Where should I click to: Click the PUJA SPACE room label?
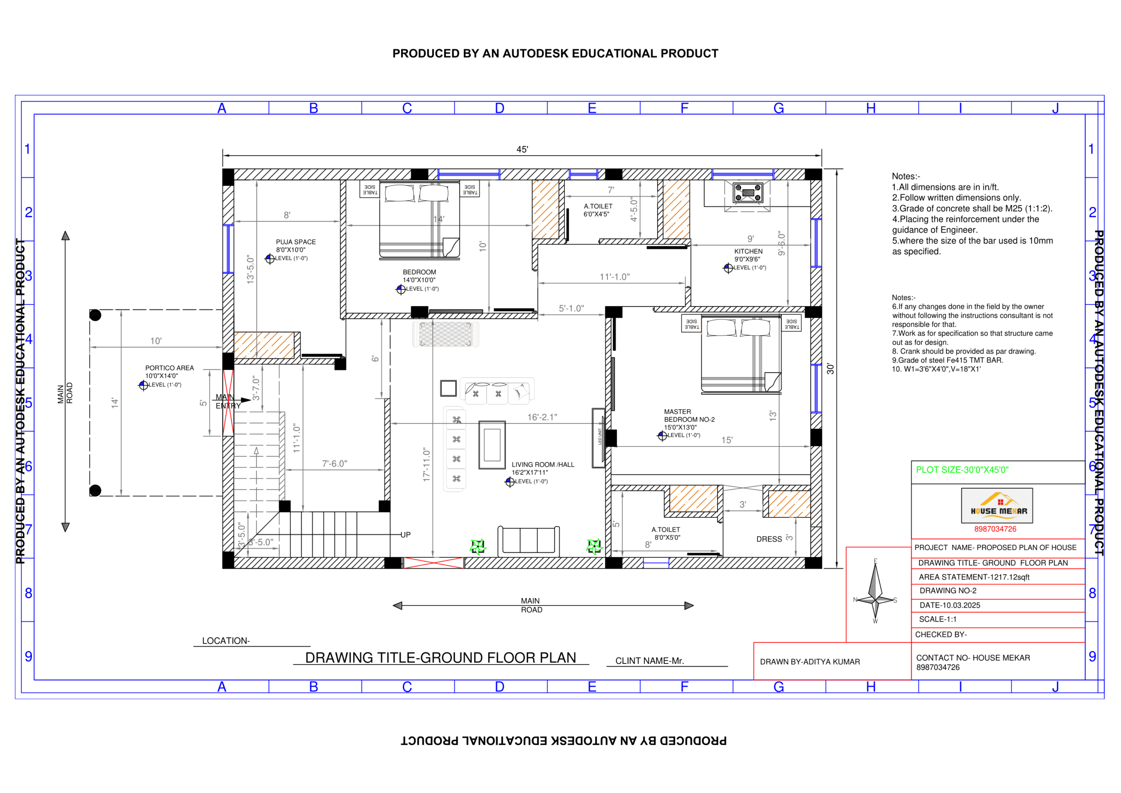point(296,242)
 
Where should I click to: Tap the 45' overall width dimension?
point(522,149)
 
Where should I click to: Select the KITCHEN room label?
point(748,251)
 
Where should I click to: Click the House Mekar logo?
point(997,506)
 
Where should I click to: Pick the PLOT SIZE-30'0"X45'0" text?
point(962,470)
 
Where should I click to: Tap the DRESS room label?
point(769,539)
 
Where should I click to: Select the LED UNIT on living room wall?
point(599,438)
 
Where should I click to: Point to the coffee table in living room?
point(492,445)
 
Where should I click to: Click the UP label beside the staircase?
point(405,535)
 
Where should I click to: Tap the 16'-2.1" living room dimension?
point(542,417)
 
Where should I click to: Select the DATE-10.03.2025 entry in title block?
point(950,605)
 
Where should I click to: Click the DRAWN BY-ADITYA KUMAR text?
point(810,662)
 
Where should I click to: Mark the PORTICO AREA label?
point(169,368)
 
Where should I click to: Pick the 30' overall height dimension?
point(830,369)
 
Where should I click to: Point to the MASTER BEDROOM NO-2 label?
point(689,416)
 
